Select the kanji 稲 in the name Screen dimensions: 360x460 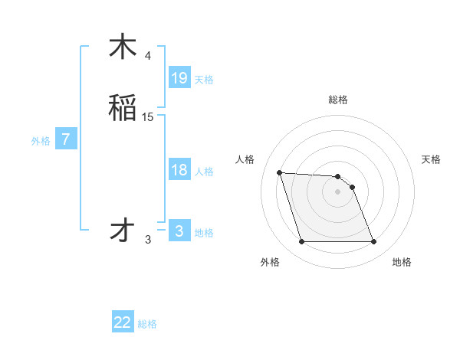pos(123,108)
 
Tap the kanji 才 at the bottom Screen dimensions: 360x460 pos(123,231)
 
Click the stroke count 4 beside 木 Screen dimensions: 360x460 pos(148,56)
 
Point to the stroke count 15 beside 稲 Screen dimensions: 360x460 pos(148,117)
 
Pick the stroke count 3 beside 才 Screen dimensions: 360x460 pos(148,240)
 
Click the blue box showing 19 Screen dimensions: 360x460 pos(179,78)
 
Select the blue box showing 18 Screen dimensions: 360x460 pos(179,170)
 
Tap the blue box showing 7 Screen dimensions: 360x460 pos(66,140)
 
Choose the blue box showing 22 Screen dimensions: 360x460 pos(123,322)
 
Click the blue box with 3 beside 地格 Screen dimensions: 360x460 pos(179,231)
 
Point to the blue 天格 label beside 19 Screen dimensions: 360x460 pos(204,80)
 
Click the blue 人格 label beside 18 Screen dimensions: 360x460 pos(204,172)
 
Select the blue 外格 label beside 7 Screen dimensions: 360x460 pos(41,141)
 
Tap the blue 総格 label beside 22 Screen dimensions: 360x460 pos(147,324)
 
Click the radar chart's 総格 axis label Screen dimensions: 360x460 pos(338,100)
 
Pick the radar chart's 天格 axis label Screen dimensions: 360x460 pos(432,159)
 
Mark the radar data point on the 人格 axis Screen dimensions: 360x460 pos(279,172)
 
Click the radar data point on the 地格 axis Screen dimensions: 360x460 pos(374,242)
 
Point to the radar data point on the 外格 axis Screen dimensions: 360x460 pos(301,242)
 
